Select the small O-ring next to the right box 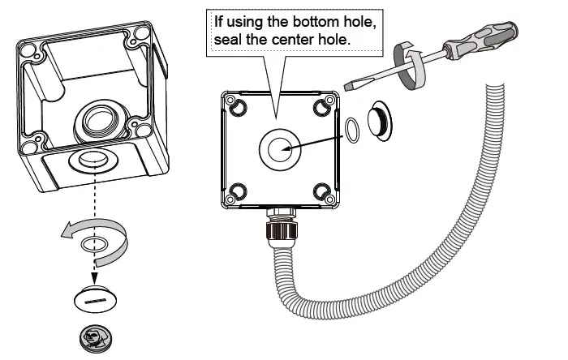354,128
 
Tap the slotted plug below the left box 95,299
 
